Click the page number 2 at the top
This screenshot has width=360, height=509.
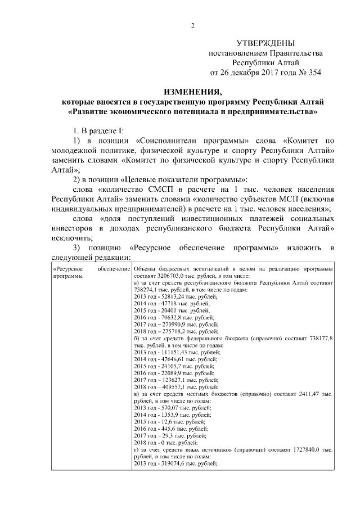pos(193,25)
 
